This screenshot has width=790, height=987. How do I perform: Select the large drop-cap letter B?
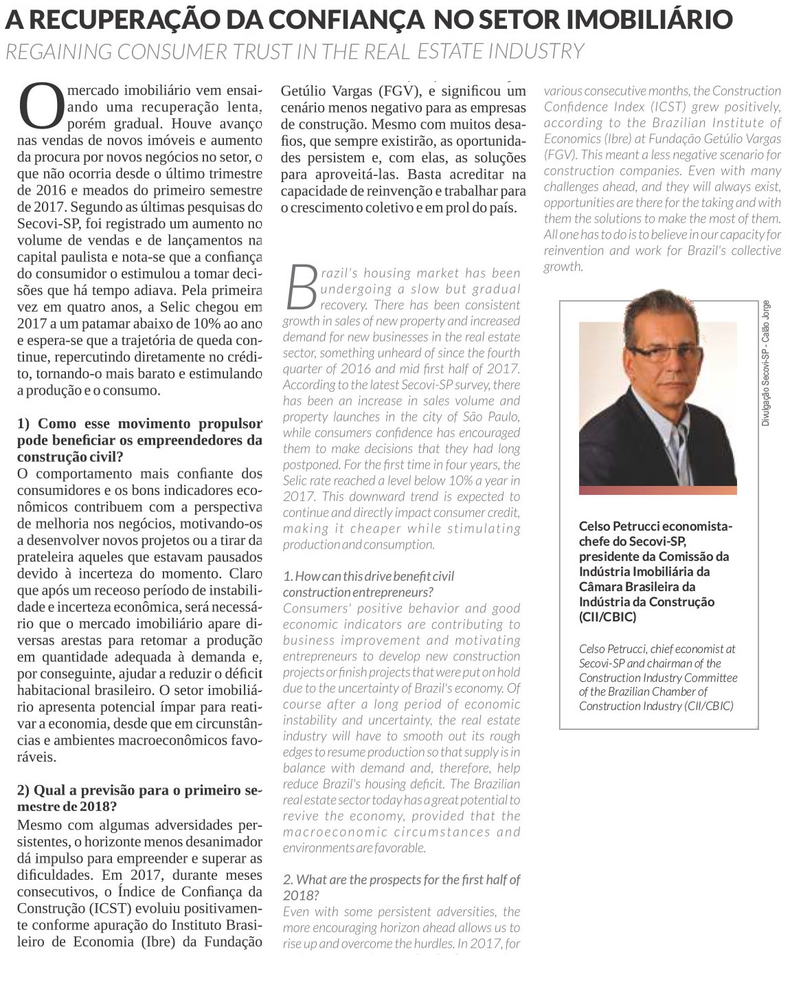coord(300,288)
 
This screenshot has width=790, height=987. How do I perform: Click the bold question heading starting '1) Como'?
coord(139,440)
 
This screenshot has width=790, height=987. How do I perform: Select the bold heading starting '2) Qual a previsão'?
coord(139,798)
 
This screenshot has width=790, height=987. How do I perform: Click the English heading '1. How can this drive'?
coord(368,584)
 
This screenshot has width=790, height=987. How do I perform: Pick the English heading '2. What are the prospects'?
coord(401,887)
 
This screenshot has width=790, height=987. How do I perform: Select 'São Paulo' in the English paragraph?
coord(493,417)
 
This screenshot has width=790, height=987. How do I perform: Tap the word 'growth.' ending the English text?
coord(563,267)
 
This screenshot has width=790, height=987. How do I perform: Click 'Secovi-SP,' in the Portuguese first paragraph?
coord(45,223)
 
